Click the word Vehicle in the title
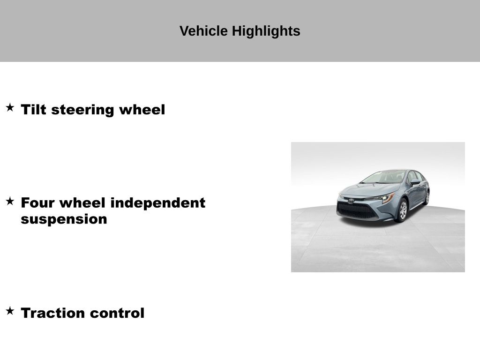tap(203, 31)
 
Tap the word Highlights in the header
tap(266, 31)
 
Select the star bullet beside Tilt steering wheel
tap(10, 107)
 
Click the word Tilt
tap(33, 110)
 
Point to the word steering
tap(82, 110)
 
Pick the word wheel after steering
tap(142, 110)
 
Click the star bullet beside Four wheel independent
tap(10, 201)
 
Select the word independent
tap(157, 203)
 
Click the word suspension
tap(64, 219)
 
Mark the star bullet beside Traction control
tap(10, 311)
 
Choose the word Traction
tap(52, 313)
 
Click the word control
tap(117, 313)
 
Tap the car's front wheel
tap(402, 210)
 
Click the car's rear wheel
tap(427, 198)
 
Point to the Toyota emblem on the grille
tap(351, 201)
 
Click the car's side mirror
tap(415, 182)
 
